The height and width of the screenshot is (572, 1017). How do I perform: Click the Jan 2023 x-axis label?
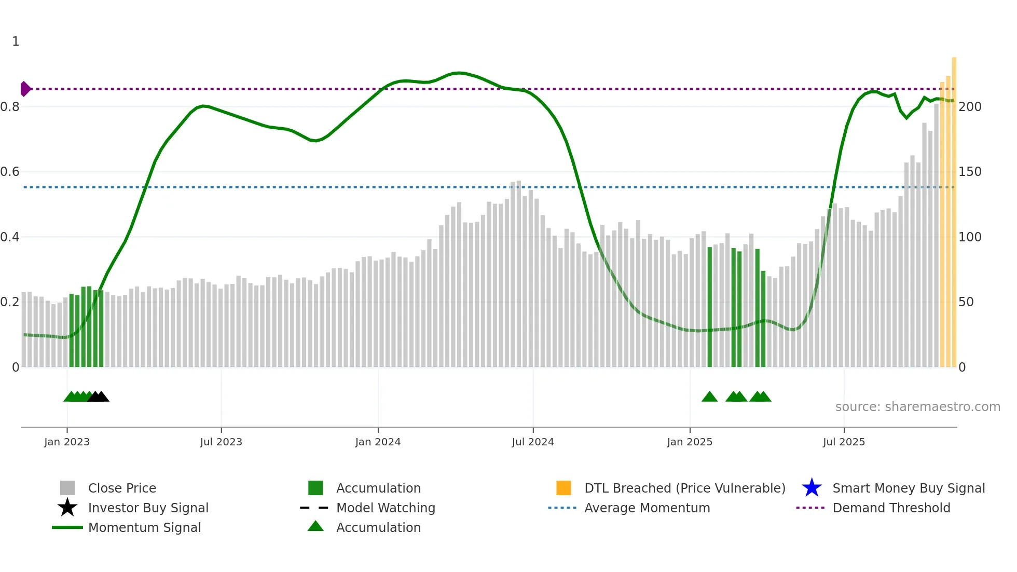(67, 442)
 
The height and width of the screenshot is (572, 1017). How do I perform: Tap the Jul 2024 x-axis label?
(533, 442)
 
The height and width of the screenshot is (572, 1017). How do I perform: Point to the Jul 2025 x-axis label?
(844, 442)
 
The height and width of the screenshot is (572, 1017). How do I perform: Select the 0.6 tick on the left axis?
(10, 172)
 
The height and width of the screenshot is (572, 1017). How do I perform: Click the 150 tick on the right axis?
(970, 172)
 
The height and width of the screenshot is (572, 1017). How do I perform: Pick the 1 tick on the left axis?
(16, 42)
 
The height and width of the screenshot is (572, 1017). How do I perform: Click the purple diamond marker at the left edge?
(25, 89)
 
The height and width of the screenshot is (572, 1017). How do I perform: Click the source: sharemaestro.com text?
(917, 407)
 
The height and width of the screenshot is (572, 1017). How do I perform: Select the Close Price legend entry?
(122, 488)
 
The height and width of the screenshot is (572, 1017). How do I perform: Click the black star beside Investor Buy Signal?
(67, 508)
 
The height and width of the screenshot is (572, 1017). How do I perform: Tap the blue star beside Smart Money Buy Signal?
(812, 488)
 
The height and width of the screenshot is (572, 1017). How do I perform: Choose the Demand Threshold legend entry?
(891, 508)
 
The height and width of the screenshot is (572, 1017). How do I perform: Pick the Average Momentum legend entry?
(647, 508)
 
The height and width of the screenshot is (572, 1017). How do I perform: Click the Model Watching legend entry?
(386, 508)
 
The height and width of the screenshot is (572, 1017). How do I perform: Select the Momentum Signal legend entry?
(144, 527)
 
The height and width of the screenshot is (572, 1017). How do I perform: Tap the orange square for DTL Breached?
(564, 488)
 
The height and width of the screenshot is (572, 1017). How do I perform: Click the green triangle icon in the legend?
(315, 526)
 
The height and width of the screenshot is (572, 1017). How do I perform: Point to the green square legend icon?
(315, 488)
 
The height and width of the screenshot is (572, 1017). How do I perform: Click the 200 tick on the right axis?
(970, 107)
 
